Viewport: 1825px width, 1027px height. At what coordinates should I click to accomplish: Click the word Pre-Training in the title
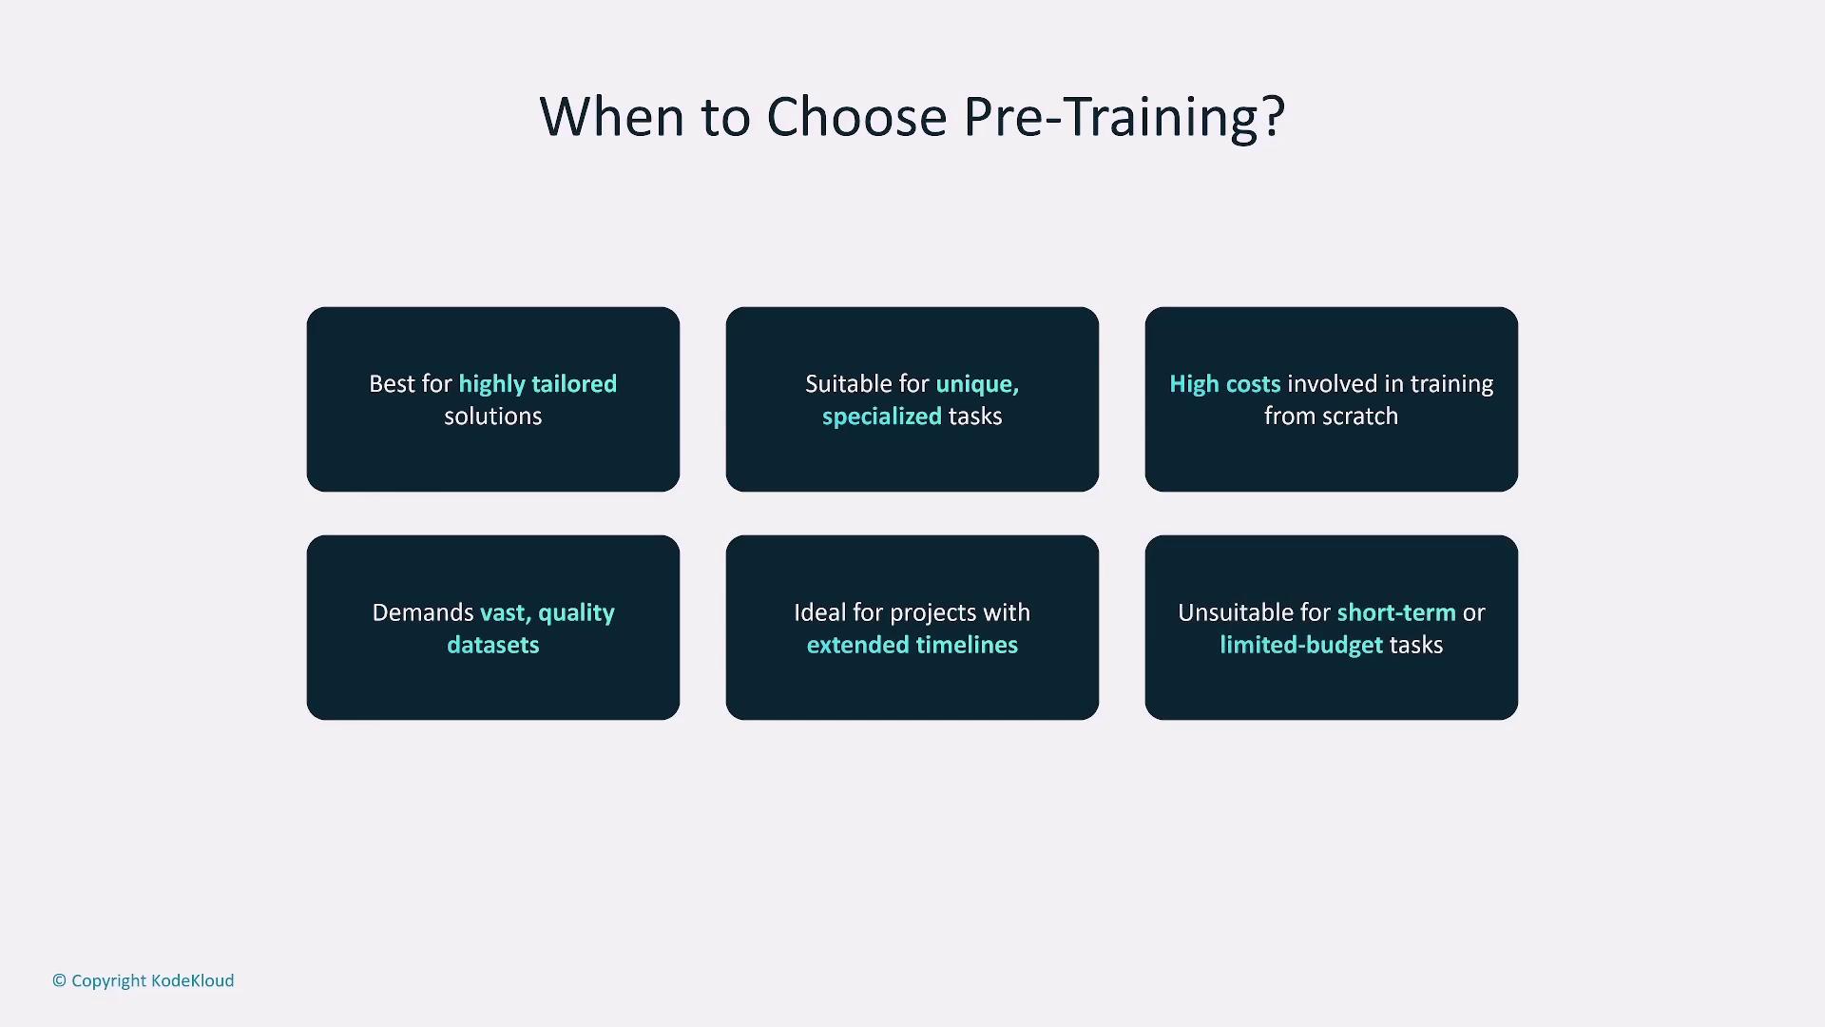coord(1112,118)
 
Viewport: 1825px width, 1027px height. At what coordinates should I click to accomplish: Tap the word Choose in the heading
coord(856,117)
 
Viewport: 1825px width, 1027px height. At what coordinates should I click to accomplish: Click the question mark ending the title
coord(1274,116)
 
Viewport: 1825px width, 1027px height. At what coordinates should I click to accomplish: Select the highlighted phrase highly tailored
coord(538,384)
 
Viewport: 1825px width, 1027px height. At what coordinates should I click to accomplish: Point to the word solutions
coord(492,417)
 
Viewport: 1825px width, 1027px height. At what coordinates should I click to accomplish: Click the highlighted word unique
coord(977,384)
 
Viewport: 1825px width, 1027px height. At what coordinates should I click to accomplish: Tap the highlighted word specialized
coord(882,417)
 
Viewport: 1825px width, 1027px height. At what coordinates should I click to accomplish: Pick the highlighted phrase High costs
coord(1224,384)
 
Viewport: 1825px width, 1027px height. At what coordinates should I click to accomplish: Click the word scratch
coord(1359,417)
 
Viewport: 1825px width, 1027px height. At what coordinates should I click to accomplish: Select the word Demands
coord(423,612)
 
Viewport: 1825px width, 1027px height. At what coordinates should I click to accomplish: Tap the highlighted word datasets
coord(492,645)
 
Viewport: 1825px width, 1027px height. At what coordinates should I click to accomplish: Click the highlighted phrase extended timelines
coord(912,645)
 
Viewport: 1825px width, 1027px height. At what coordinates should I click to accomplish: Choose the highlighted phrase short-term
coord(1396,612)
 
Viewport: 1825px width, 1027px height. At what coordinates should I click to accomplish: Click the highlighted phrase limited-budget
coord(1301,645)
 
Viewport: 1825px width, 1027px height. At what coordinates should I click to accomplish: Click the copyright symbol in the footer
coord(59,980)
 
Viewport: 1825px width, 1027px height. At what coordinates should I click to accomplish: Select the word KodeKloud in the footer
coord(192,980)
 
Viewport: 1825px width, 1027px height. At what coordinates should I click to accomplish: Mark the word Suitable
coord(849,384)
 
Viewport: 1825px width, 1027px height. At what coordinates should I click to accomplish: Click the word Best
coord(391,384)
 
